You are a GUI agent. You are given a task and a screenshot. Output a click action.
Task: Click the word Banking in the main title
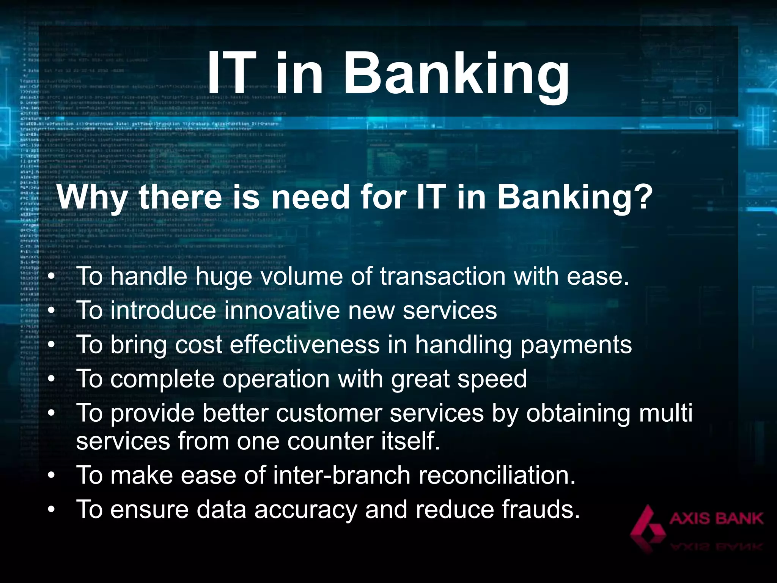456,74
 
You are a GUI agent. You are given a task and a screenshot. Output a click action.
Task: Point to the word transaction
443,276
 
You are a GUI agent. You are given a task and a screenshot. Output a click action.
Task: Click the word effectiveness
305,345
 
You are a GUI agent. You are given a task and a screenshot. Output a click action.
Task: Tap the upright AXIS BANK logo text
716,518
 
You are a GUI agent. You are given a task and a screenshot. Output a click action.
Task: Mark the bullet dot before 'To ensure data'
52,510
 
